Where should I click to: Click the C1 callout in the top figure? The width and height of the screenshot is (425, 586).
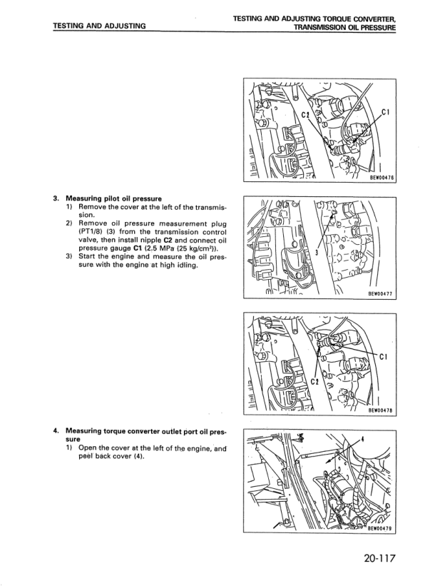point(386,112)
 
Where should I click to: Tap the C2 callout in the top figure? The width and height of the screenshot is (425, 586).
point(306,114)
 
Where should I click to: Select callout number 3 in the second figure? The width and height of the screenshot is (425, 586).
point(317,253)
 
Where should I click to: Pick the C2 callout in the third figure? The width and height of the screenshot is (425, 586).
point(315,382)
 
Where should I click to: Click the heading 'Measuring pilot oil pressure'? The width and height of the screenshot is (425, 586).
point(114,198)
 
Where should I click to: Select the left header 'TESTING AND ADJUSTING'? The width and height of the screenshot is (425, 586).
point(99,26)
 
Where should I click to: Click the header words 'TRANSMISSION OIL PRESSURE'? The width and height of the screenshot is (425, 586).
point(345,27)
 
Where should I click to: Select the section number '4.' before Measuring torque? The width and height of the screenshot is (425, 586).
point(56,431)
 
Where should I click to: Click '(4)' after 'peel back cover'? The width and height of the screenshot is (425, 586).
point(138,456)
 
